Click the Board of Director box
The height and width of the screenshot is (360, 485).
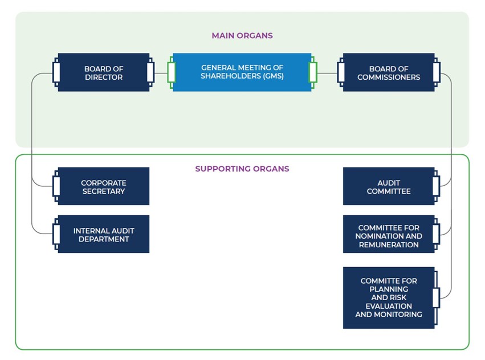tap(103, 72)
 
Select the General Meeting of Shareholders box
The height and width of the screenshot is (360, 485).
tap(242, 72)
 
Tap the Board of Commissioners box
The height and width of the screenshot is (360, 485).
tap(388, 72)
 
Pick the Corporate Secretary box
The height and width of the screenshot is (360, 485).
tap(103, 186)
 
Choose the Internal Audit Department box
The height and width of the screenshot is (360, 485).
tap(103, 234)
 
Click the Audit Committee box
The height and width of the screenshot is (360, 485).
tap(388, 186)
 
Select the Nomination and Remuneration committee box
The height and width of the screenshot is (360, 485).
tap(388, 234)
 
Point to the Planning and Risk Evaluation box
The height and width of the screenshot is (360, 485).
tap(388, 297)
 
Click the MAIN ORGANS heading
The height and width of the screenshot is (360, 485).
tap(242, 35)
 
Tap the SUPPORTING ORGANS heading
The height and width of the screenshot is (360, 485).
tap(242, 169)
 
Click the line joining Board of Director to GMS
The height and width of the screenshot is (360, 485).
tap(161, 73)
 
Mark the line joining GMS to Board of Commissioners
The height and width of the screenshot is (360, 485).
tap(327, 73)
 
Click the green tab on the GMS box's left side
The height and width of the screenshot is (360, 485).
tap(171, 73)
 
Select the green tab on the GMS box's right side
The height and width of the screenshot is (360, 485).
tap(312, 73)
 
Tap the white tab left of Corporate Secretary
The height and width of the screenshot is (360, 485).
tap(56, 186)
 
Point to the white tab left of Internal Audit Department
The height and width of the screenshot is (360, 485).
tap(56, 234)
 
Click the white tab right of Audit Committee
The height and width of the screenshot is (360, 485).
tap(436, 186)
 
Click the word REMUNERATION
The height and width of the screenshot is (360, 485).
tap(389, 245)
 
